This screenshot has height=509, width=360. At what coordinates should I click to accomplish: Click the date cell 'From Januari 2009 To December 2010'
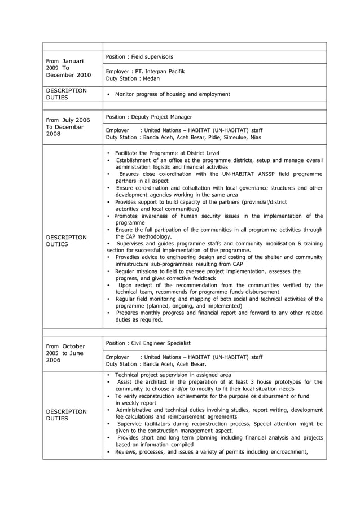pos(68,68)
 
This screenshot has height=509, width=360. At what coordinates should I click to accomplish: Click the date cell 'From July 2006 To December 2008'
pos(68,127)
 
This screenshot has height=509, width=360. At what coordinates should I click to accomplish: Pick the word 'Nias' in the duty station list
pos(256,138)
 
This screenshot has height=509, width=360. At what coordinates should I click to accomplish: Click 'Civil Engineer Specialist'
pos(160,343)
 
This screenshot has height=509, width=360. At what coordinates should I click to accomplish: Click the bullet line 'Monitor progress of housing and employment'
pos(172,94)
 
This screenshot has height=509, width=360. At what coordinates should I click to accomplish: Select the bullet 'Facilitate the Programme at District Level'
pos(167,153)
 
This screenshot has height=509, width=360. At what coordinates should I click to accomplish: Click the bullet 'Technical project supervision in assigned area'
pos(173,375)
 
